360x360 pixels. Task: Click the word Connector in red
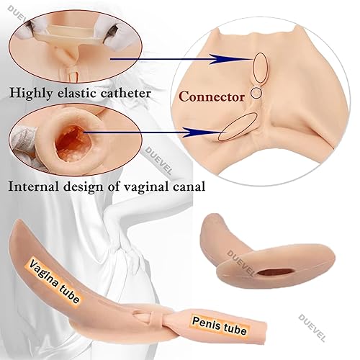pyautogui.click(x=212, y=97)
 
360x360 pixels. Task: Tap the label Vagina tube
pyautogui.click(x=54, y=280)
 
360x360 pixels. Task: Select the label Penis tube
pyautogui.click(x=220, y=325)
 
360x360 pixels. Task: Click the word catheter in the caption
pyautogui.click(x=125, y=93)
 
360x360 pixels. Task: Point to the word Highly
pyautogui.click(x=31, y=94)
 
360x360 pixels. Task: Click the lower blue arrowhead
pyautogui.click(x=193, y=132)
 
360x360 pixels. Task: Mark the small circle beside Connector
pyautogui.click(x=256, y=93)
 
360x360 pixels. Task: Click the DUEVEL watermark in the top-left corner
pyautogui.click(x=18, y=14)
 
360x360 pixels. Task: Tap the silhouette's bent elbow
pyautogui.click(x=109, y=211)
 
